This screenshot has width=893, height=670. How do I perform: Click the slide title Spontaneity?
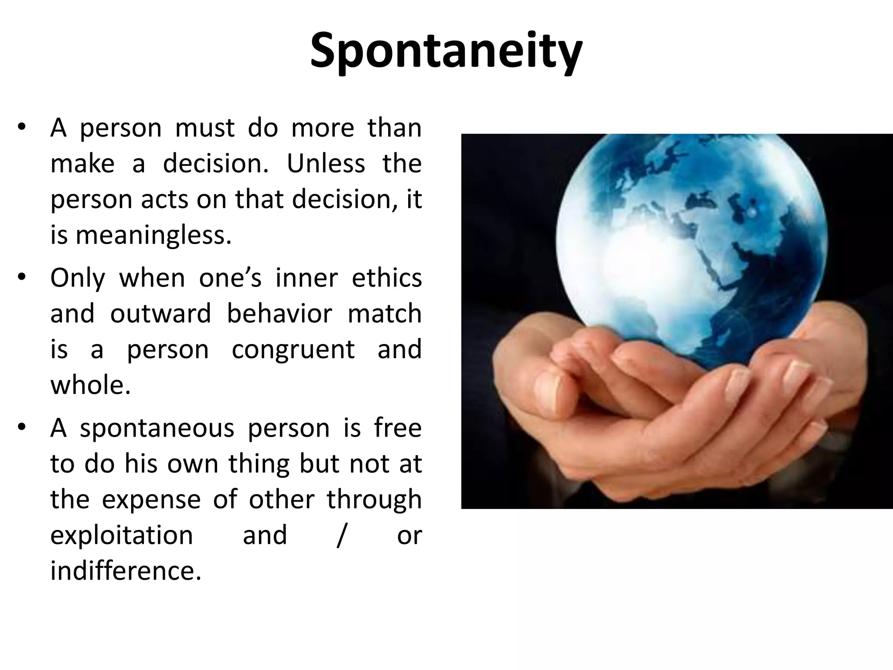click(x=446, y=51)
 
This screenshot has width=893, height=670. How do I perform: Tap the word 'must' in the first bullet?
click(x=205, y=128)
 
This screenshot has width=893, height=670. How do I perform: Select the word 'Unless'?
click(x=326, y=164)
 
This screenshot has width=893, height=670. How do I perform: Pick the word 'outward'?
click(x=160, y=314)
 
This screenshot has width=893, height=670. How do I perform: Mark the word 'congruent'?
click(x=293, y=349)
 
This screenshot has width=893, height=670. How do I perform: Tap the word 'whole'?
click(x=90, y=385)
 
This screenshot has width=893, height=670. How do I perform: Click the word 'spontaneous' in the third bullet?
click(x=157, y=428)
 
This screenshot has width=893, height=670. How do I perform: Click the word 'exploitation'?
click(x=122, y=535)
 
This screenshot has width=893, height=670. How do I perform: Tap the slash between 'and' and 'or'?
click(x=341, y=536)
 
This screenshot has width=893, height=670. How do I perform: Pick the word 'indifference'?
click(x=126, y=571)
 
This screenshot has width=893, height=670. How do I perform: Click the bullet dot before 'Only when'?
click(x=23, y=277)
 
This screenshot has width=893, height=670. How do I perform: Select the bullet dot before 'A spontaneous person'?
click(x=23, y=427)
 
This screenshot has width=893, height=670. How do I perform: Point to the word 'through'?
click(x=374, y=500)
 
